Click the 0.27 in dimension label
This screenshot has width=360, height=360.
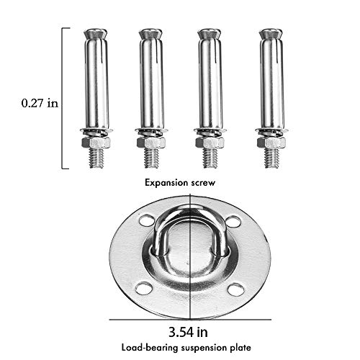click(x=40, y=103)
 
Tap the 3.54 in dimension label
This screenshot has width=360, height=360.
click(x=188, y=333)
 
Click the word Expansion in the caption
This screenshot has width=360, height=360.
click(x=166, y=183)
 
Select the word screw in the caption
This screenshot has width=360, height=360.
click(x=203, y=184)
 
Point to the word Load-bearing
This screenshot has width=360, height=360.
click(x=150, y=348)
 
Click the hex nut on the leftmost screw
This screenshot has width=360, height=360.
click(x=96, y=143)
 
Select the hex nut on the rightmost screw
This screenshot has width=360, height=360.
click(x=271, y=143)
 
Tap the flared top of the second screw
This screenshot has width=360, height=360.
click(x=151, y=34)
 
